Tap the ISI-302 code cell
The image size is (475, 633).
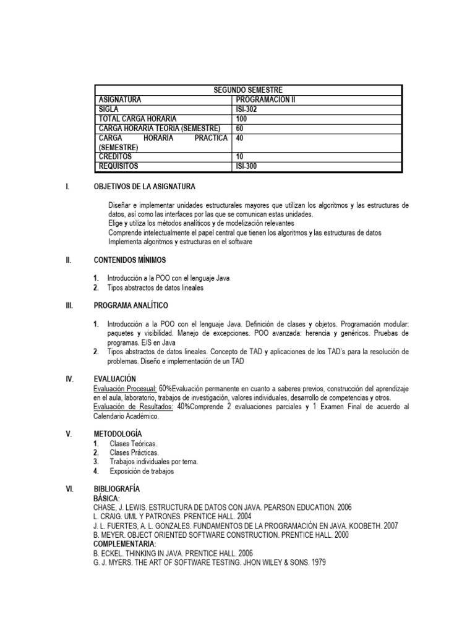[247, 109]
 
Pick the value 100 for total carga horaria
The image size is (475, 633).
[242, 118]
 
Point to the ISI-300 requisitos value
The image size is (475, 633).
[247, 166]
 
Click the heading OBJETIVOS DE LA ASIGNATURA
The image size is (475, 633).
[144, 186]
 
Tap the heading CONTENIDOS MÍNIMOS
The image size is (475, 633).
[130, 260]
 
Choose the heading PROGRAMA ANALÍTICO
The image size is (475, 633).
[131, 305]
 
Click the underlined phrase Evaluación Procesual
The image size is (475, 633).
[124, 388]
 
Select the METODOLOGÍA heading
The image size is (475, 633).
[118, 434]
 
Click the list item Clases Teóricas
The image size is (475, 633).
[133, 444]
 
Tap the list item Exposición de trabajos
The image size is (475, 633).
[142, 471]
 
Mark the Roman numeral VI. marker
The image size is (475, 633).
[69, 489]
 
